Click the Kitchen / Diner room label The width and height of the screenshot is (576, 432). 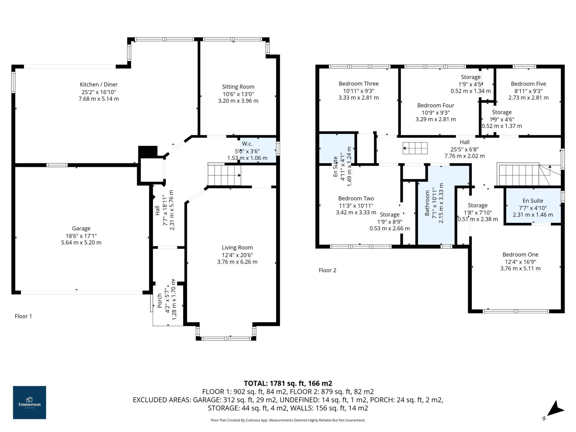(x=99, y=84)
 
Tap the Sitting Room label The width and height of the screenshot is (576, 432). (x=238, y=87)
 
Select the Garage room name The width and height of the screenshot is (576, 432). (x=81, y=228)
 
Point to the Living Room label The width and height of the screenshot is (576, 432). (x=237, y=247)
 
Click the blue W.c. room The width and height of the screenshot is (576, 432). (x=258, y=150)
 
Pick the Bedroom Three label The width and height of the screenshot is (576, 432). (x=359, y=84)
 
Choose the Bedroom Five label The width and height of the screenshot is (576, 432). (x=528, y=84)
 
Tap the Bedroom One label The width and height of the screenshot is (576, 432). (x=520, y=255)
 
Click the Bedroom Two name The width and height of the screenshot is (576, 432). (x=356, y=198)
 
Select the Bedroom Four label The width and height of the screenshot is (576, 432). (x=436, y=105)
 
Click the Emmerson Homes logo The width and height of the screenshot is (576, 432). (x=30, y=402)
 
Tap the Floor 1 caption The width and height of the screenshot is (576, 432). (x=23, y=316)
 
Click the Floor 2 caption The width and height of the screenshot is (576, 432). (x=327, y=270)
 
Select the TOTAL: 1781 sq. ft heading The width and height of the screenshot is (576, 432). (x=288, y=383)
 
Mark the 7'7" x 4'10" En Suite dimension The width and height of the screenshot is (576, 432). (x=533, y=208)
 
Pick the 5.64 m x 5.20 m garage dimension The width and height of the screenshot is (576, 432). (x=81, y=242)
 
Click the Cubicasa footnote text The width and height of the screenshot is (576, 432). (x=288, y=420)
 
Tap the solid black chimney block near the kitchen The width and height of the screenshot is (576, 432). (x=148, y=151)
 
